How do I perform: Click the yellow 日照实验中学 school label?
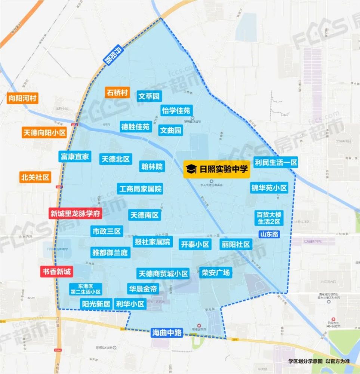point(216,169)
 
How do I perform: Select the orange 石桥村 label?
point(117,92)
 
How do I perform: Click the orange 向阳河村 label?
point(23,99)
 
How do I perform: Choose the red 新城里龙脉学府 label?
point(75,214)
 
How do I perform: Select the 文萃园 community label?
point(149,96)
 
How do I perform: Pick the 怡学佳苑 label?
point(176,110)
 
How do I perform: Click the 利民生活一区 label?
point(276,162)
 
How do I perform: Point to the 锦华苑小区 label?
point(269,188)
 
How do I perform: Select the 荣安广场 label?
point(215,272)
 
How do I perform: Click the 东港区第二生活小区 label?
point(86,289)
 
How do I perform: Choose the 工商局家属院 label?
point(140,189)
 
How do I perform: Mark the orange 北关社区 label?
point(36,177)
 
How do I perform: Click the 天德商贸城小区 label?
point(163,273)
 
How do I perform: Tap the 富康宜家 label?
point(75,156)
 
